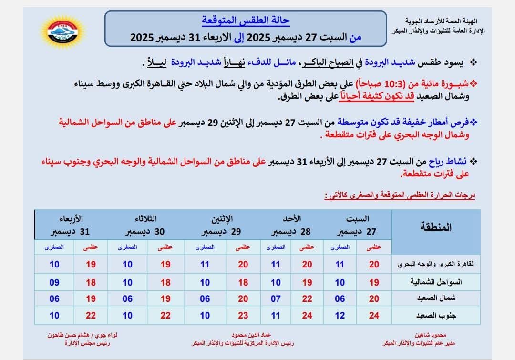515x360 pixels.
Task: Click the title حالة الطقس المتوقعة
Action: pos(246,21)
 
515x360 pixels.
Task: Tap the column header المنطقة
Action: pos(436,226)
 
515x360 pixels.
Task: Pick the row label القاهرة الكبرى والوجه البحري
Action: pos(436,265)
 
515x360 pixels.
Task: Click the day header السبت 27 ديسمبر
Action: pos(356,225)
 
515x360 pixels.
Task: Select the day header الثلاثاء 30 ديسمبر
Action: pos(145,225)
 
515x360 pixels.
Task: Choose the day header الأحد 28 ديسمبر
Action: pos(292,225)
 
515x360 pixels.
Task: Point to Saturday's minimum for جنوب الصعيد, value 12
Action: pos(340,315)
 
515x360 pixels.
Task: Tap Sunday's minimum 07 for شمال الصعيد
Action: pos(276,298)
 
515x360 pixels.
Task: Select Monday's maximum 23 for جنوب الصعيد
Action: pos(243,315)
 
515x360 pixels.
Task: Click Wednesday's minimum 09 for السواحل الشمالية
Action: pos(54,282)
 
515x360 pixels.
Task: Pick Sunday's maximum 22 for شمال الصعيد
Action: pos(307,298)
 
